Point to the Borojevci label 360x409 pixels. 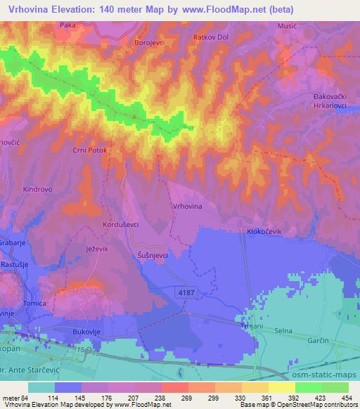click(149, 42)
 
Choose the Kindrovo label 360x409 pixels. click(38, 190)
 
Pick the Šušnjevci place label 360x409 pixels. click(152, 256)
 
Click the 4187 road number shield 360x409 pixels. click(185, 290)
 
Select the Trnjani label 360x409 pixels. click(250, 329)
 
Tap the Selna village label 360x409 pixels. click(285, 330)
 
